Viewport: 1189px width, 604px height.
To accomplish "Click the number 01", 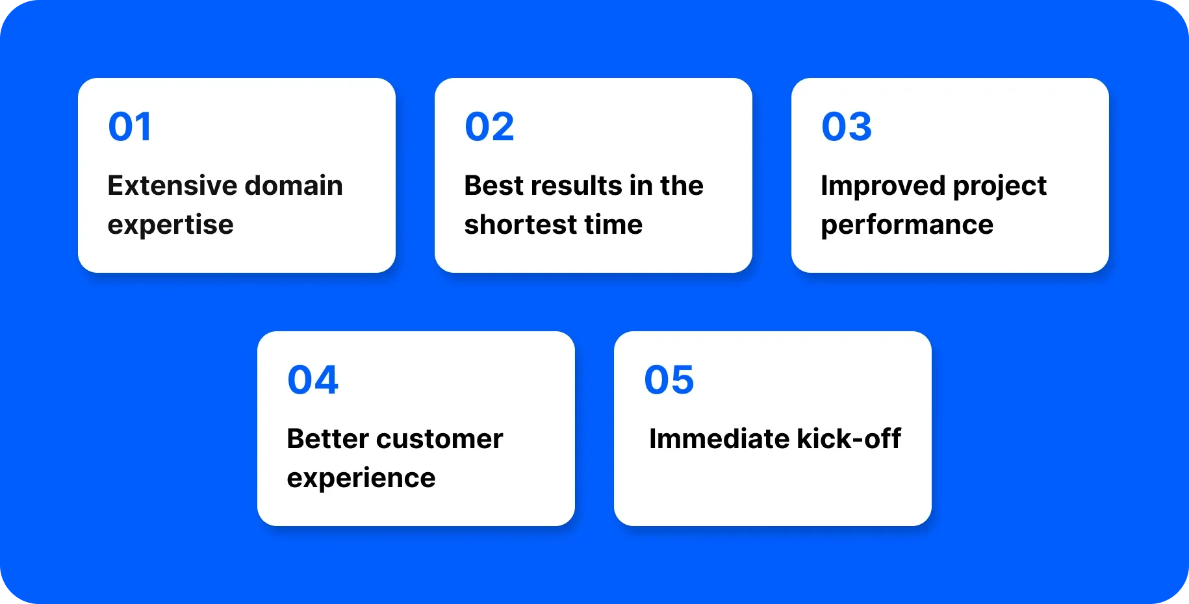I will click(x=130, y=127).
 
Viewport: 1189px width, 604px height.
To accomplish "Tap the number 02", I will click(x=489, y=127).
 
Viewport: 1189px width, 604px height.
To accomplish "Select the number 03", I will click(x=846, y=127).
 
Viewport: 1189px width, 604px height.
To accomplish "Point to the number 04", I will click(x=313, y=380).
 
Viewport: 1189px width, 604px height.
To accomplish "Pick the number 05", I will click(x=669, y=380).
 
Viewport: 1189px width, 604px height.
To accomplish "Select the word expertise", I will click(x=170, y=225).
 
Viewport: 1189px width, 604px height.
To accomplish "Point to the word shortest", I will click(x=520, y=225).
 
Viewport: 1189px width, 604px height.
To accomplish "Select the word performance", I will click(x=906, y=225).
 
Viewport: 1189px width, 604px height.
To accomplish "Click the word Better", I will click(x=327, y=439).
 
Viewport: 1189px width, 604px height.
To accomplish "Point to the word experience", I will click(x=361, y=479).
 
